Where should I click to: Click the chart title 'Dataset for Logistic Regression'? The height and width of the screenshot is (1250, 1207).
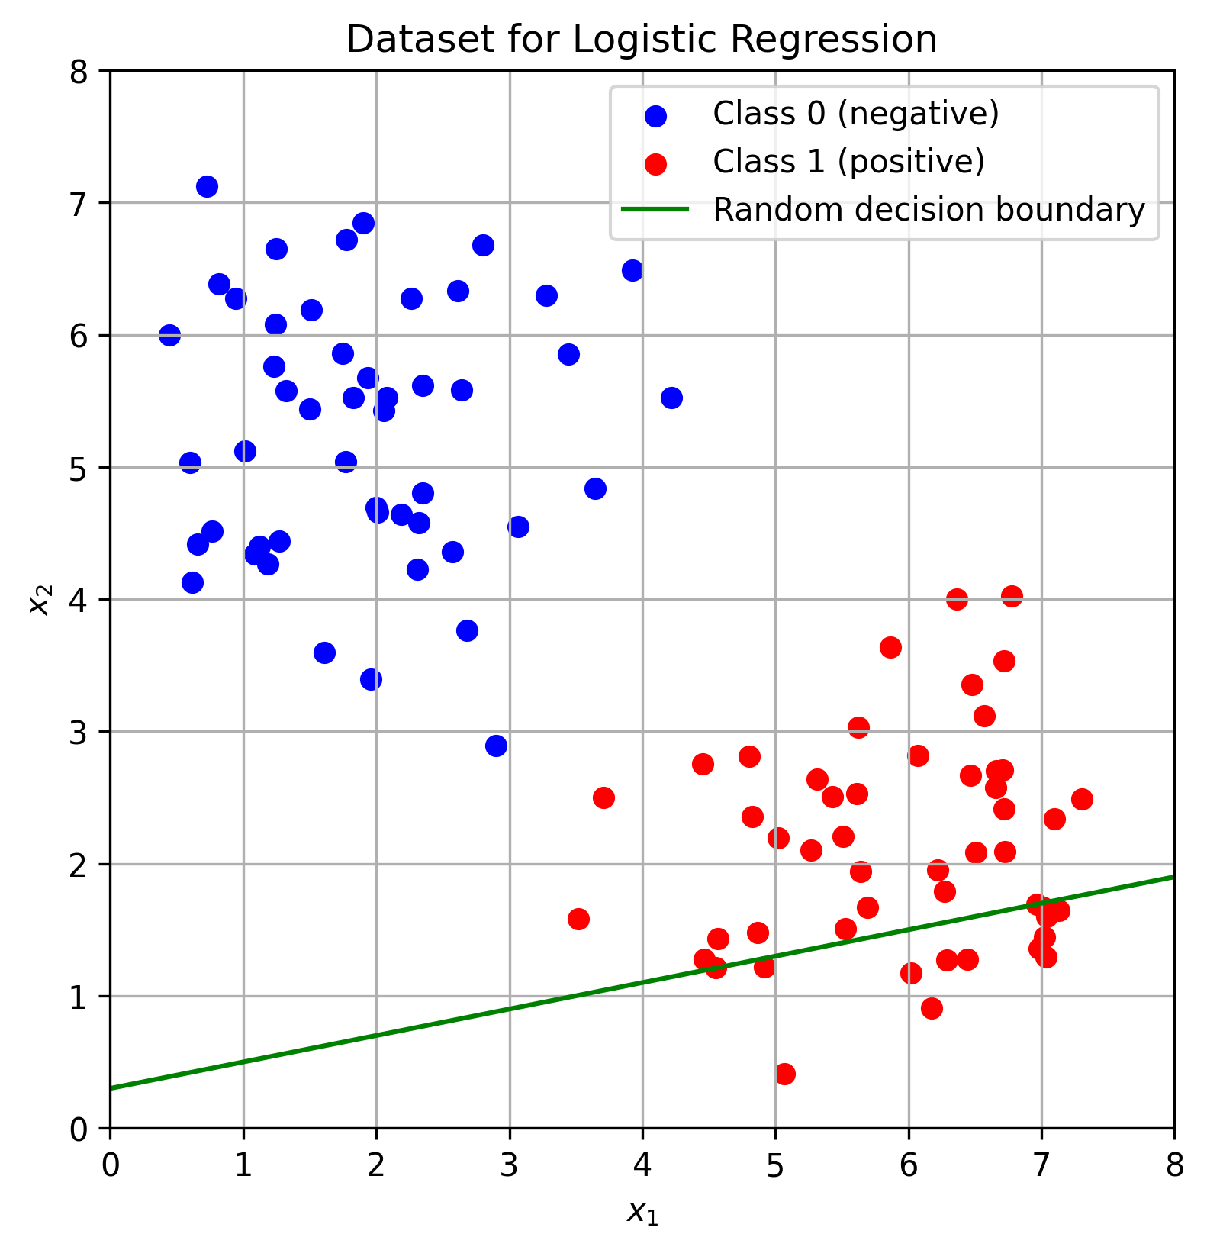pyautogui.click(x=641, y=40)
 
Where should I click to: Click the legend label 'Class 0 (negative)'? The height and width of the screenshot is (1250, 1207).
pyautogui.click(x=855, y=114)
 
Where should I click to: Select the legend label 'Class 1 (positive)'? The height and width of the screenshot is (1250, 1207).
pyautogui.click(x=848, y=162)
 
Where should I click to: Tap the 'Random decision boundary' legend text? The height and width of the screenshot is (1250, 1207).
pyautogui.click(x=929, y=210)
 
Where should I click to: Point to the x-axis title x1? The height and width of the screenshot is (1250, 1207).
pyautogui.click(x=642, y=1211)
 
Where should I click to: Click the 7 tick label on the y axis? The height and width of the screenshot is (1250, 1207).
pyautogui.click(x=79, y=203)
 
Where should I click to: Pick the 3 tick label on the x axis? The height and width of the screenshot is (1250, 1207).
pyautogui.click(x=509, y=1165)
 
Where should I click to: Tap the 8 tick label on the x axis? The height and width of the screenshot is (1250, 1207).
pyautogui.click(x=1174, y=1165)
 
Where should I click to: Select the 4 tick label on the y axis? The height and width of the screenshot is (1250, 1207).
pyautogui.click(x=79, y=600)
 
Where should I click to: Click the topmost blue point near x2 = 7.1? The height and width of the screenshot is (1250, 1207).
pyautogui.click(x=207, y=186)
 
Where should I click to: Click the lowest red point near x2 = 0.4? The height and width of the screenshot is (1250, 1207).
pyautogui.click(x=784, y=1074)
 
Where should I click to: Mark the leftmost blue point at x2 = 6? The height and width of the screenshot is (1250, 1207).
pyautogui.click(x=169, y=335)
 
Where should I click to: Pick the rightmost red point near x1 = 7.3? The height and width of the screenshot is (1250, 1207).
pyautogui.click(x=1082, y=799)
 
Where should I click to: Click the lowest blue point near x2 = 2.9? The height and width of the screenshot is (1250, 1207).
pyautogui.click(x=496, y=746)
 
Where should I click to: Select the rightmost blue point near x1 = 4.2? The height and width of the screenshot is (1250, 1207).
pyautogui.click(x=671, y=398)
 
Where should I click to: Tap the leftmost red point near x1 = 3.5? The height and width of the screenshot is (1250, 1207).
pyautogui.click(x=578, y=919)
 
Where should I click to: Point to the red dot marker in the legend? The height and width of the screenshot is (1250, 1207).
pyautogui.click(x=655, y=163)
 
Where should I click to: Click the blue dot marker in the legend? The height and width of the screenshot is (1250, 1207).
pyautogui.click(x=655, y=115)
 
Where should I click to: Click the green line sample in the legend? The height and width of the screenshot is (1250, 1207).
pyautogui.click(x=655, y=210)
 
